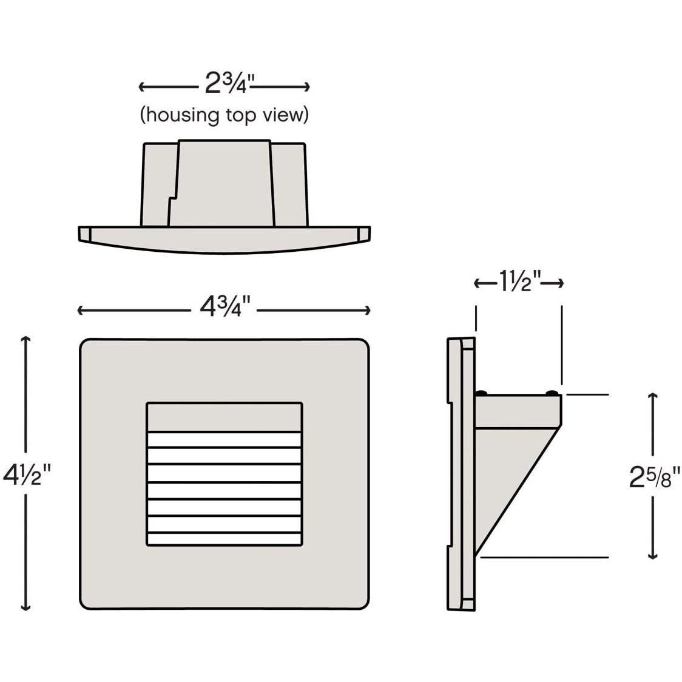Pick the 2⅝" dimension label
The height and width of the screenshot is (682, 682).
point(654,476)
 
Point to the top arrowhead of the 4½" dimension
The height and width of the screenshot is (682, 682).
point(26,339)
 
